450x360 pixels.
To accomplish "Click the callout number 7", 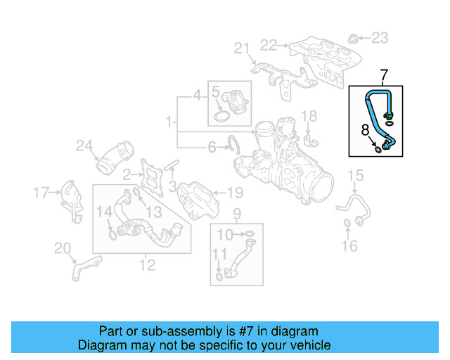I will tap(384, 75).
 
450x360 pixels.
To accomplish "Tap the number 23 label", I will tap(379, 37).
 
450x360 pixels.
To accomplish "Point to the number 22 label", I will tap(269, 45).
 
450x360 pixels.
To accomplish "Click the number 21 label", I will tap(242, 48).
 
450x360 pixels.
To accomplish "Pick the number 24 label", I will tap(84, 146).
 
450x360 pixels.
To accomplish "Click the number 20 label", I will tap(63, 247).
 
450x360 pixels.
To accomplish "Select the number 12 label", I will tap(147, 265).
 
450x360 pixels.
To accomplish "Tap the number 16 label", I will tap(349, 245).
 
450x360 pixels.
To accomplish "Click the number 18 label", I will tap(309, 115).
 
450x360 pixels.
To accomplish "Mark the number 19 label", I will tap(234, 191).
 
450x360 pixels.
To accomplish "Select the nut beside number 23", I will tap(354, 37).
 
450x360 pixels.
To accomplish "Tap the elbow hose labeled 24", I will tap(114, 159).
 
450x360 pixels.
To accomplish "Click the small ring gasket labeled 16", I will tap(347, 224).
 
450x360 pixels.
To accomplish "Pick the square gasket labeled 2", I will tap(150, 174).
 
